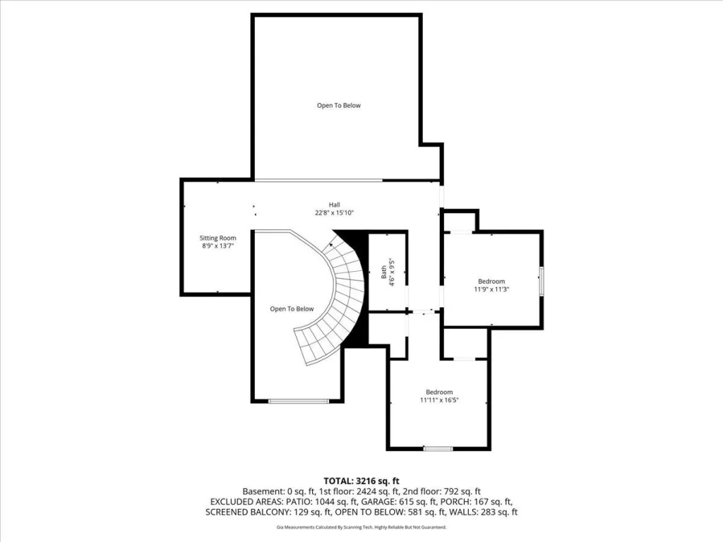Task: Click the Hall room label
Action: (x=334, y=205)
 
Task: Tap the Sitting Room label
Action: (x=217, y=238)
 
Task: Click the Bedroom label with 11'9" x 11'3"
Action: (x=491, y=281)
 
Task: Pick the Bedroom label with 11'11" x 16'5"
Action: (x=439, y=392)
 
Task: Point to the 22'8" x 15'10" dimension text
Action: (x=334, y=213)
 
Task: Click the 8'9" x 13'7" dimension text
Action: (x=217, y=246)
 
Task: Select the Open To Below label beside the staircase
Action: (x=292, y=309)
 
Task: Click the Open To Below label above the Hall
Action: (x=338, y=106)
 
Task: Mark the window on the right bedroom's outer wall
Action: (x=542, y=280)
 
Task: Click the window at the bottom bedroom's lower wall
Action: (x=438, y=448)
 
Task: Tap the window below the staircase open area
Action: (x=299, y=401)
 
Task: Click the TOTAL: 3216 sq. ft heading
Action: (x=361, y=481)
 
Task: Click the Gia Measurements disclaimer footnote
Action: (x=361, y=526)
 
